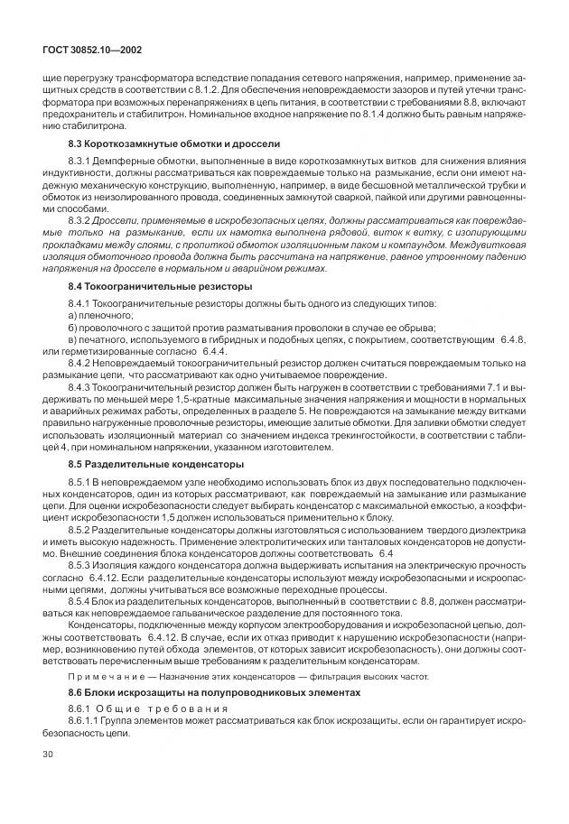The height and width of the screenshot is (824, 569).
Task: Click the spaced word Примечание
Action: pos(100,676)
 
